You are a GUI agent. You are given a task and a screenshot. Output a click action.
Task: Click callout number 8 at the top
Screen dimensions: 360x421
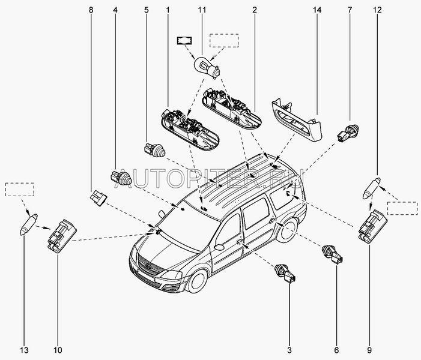(x=91, y=10)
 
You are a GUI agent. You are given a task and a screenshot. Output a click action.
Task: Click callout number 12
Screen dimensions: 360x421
(x=377, y=10)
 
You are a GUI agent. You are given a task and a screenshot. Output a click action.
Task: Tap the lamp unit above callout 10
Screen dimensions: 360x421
(x=62, y=232)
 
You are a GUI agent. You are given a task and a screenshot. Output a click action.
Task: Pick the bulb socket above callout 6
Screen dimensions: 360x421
(x=333, y=255)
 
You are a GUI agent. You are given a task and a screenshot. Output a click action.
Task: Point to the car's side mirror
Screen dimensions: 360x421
(x=219, y=247)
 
